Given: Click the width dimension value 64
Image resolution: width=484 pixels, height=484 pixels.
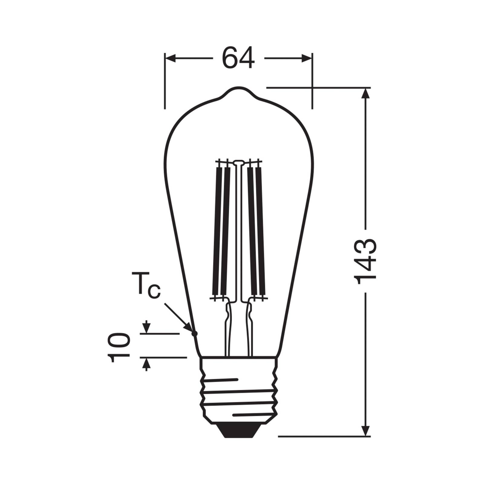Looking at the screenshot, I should point(238,58).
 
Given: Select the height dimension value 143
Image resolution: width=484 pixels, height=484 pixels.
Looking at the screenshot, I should point(366,259).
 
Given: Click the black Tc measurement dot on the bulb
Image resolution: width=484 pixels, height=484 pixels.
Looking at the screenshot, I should point(195,333).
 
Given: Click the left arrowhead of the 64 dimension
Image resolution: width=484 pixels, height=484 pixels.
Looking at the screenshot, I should point(171,58).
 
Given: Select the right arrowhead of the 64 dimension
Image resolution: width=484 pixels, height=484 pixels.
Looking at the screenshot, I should point(306,58).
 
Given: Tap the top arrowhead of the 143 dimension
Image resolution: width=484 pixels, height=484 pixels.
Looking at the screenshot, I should point(366,93).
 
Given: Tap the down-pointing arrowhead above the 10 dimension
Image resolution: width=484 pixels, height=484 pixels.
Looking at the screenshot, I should point(146,328).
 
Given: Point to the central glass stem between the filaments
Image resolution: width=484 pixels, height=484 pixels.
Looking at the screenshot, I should point(238,230).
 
